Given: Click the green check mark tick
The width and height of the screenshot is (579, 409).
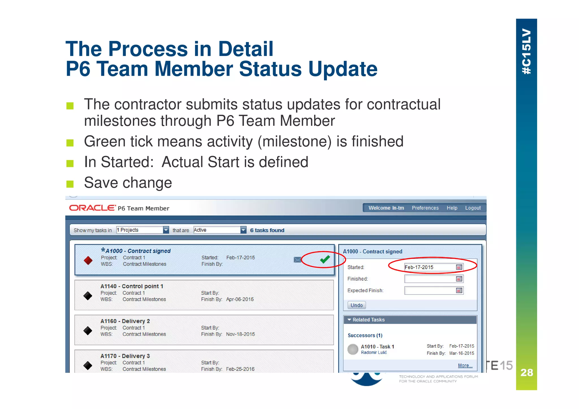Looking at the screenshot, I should click(x=325, y=259).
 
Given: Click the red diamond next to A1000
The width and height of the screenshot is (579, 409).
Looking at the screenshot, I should click(x=88, y=260).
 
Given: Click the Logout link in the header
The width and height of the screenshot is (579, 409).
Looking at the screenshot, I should click(x=473, y=208).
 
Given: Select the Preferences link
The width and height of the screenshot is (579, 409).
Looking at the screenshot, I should click(x=425, y=208).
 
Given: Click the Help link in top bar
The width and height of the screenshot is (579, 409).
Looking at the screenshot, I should click(x=452, y=208).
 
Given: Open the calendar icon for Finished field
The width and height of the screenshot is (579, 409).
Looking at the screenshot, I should click(x=459, y=279).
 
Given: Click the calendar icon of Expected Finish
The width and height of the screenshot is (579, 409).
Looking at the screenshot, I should click(x=459, y=291).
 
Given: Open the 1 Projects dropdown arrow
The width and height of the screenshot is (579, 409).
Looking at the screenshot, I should click(x=166, y=230).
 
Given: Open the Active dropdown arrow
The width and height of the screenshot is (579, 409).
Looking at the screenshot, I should click(x=243, y=230).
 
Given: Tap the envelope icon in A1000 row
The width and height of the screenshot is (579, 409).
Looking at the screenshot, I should click(x=297, y=260).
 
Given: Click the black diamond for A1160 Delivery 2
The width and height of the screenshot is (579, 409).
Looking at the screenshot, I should click(x=88, y=330).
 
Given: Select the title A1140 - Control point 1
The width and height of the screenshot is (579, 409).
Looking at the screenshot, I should click(x=132, y=286).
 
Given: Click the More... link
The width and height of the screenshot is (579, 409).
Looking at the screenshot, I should click(x=465, y=365).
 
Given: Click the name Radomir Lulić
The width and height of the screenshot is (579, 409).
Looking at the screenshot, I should click(x=374, y=352).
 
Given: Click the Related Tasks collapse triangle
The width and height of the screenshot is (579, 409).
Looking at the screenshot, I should click(x=349, y=320).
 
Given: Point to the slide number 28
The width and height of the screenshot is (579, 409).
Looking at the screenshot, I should click(x=526, y=372).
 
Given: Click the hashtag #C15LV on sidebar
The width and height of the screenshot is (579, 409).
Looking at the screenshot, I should click(x=526, y=51).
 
